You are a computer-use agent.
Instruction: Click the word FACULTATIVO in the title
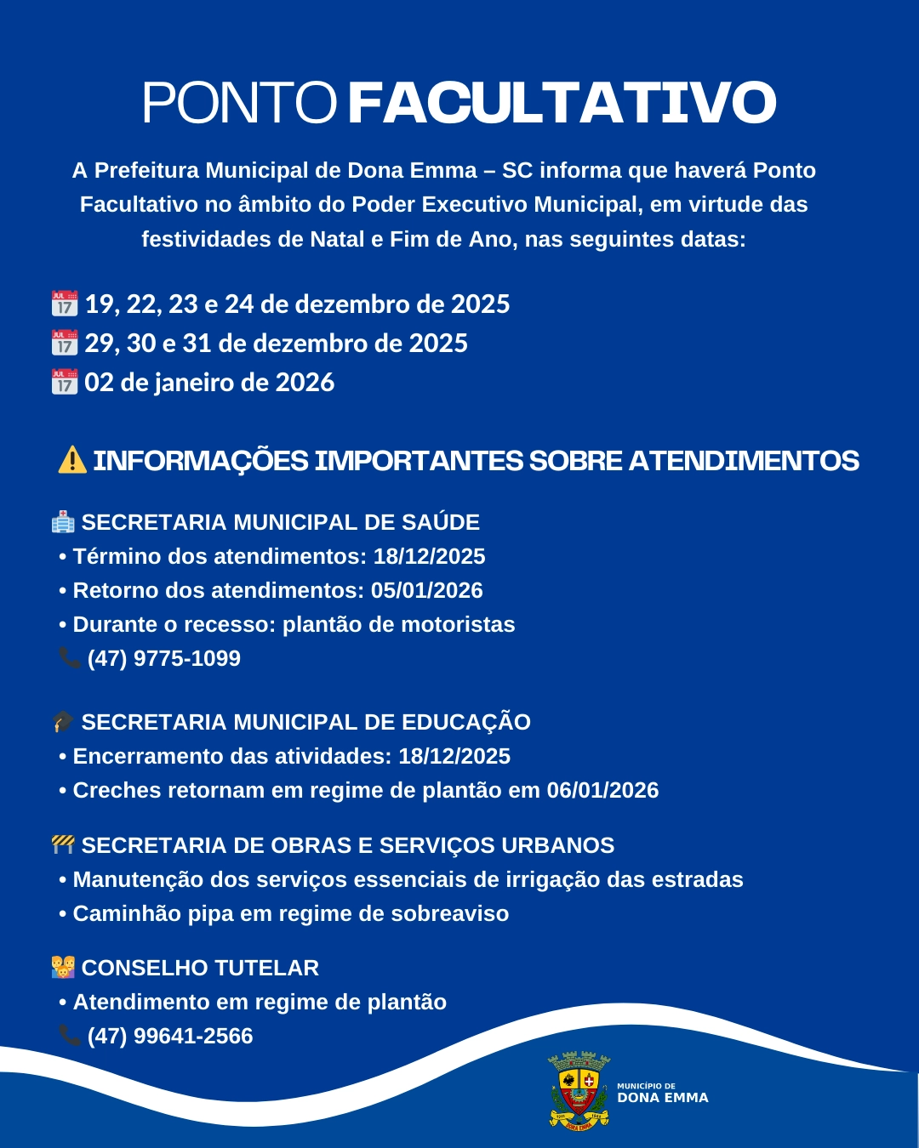(x=562, y=103)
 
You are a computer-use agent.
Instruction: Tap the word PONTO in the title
(x=239, y=103)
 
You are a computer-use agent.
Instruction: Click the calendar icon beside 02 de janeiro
(x=65, y=382)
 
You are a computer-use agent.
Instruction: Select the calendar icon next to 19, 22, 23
(x=65, y=304)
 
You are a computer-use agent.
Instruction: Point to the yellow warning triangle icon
(x=72, y=460)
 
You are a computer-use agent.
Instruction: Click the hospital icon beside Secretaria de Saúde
(x=63, y=522)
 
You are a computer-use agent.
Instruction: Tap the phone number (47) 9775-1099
(x=163, y=658)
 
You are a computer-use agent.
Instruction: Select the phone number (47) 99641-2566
(x=170, y=1036)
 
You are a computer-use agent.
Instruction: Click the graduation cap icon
(x=63, y=722)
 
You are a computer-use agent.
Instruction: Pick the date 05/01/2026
(x=426, y=590)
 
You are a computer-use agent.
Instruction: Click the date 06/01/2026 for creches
(x=602, y=790)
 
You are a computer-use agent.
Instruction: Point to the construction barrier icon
(x=63, y=844)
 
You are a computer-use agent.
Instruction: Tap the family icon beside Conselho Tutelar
(x=63, y=968)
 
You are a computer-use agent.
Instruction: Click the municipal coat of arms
(x=579, y=1091)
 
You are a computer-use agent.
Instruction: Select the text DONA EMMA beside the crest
(x=662, y=1098)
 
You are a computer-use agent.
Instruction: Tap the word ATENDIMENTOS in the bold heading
(x=744, y=461)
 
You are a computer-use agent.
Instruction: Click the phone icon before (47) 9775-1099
(x=69, y=658)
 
